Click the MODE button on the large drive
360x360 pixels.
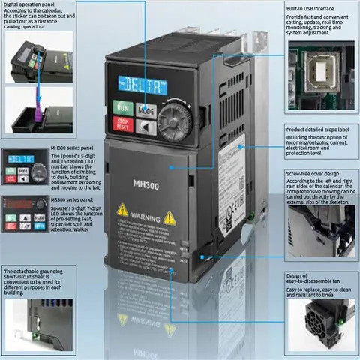[x=146, y=109]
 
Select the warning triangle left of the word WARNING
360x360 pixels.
[x=121, y=211]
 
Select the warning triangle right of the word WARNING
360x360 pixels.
[x=170, y=217]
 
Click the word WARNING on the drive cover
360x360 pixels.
[x=146, y=215]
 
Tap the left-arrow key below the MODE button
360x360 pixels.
[x=146, y=127]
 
